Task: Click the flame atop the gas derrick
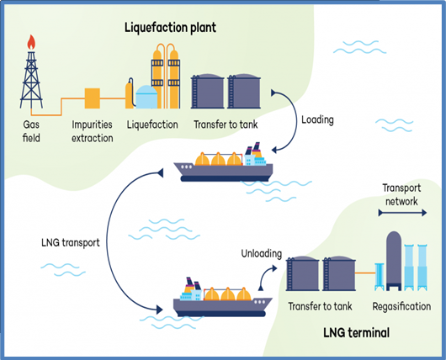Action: (31, 42)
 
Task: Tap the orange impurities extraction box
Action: (93, 98)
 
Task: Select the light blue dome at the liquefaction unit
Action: (146, 97)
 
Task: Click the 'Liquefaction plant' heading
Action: (170, 28)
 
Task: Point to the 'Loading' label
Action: (317, 119)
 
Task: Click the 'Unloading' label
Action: (262, 253)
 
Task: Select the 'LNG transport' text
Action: (71, 243)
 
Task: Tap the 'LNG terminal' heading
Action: (357, 332)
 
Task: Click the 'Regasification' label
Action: (401, 306)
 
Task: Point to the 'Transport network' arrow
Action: (402, 213)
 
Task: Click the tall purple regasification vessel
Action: (394, 261)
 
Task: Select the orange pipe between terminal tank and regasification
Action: (365, 273)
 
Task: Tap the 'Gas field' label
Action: (31, 131)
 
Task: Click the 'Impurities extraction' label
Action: (93, 131)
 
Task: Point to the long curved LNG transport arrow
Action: (108, 241)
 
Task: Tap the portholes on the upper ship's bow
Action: (186, 167)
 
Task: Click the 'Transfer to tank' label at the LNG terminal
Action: (320, 306)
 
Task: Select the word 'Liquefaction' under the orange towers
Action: (152, 124)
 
